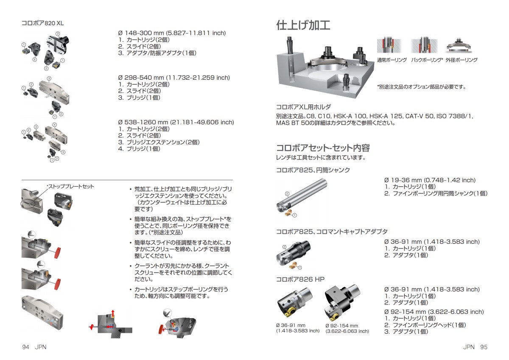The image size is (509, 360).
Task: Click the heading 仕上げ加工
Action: [x=303, y=25]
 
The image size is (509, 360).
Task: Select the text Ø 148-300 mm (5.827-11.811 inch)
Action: [x=172, y=33]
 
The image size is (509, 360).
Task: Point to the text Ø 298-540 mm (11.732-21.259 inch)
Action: [x=174, y=78]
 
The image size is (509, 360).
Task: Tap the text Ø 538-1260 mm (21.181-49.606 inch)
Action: [x=176, y=122]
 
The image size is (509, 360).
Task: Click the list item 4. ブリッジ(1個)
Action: [x=139, y=149]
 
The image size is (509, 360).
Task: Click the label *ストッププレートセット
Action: [x=70, y=187]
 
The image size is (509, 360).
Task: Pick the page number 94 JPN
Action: [x=34, y=347]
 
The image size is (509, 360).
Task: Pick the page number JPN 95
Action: [x=475, y=347]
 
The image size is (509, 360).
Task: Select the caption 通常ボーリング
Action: [x=392, y=60]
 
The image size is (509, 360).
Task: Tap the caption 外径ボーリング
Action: [x=461, y=60]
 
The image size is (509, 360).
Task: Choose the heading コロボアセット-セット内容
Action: [x=323, y=148]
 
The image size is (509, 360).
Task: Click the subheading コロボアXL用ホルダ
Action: [x=303, y=107]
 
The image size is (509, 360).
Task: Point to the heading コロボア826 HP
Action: [x=300, y=279]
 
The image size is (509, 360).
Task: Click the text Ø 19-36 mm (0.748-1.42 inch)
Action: [x=430, y=180]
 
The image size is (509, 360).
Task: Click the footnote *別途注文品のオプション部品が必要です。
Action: [x=422, y=87]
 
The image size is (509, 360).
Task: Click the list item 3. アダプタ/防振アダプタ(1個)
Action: [x=157, y=53]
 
